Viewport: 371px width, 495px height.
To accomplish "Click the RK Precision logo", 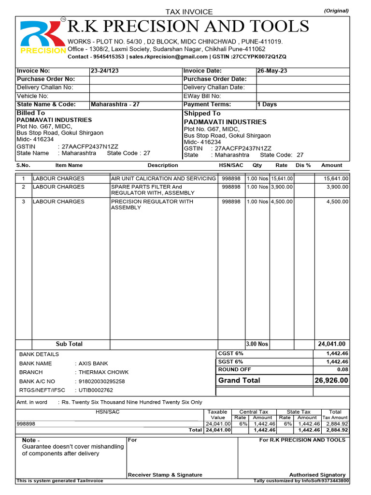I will [43, 37].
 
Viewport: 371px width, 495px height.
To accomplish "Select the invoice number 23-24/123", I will [105, 71].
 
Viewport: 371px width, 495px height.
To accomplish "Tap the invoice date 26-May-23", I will [272, 71].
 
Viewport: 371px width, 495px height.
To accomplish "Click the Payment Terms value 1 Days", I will [267, 104].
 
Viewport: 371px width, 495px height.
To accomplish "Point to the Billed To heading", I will [30, 113].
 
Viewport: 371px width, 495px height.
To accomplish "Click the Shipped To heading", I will [202, 113].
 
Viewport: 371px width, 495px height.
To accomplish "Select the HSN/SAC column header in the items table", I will [231, 165].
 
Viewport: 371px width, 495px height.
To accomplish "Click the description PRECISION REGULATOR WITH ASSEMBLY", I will [152, 204].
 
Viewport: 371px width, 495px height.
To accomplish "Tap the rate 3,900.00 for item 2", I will [281, 187].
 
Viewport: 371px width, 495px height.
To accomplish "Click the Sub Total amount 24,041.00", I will [331, 344].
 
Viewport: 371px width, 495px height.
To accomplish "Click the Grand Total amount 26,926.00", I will [331, 381].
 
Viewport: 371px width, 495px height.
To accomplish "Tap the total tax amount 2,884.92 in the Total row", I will [336, 430].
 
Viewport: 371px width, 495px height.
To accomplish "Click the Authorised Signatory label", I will [317, 475].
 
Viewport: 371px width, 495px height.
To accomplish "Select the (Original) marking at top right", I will [336, 11].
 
